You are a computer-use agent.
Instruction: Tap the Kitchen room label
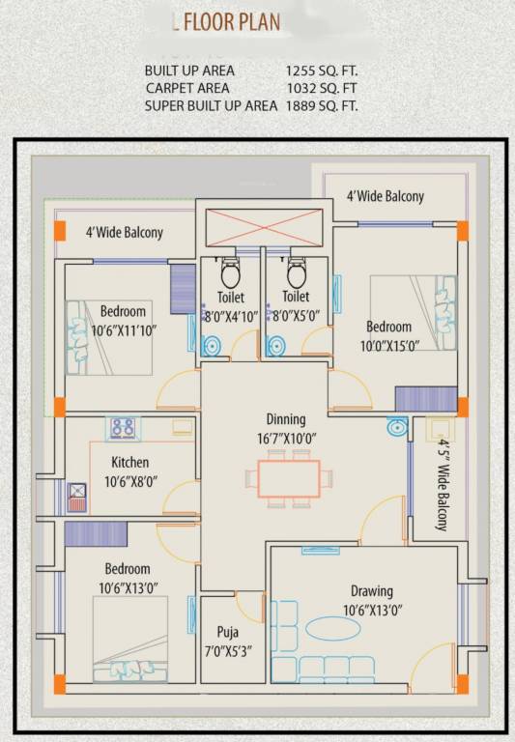(x=129, y=462)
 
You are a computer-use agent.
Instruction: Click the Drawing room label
(x=371, y=591)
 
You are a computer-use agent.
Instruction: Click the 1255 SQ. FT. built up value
(x=322, y=71)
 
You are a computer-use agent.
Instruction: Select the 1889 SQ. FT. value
(x=322, y=105)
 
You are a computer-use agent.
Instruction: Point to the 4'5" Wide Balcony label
(x=442, y=486)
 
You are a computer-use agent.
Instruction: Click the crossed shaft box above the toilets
(x=263, y=229)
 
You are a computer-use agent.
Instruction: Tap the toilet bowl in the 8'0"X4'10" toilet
(x=230, y=271)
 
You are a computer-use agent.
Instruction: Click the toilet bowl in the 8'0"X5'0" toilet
(x=296, y=270)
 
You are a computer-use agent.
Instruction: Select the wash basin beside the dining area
(x=396, y=426)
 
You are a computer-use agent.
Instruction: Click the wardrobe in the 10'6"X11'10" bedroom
(x=184, y=288)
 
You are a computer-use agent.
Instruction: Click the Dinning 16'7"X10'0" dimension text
(x=286, y=439)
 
